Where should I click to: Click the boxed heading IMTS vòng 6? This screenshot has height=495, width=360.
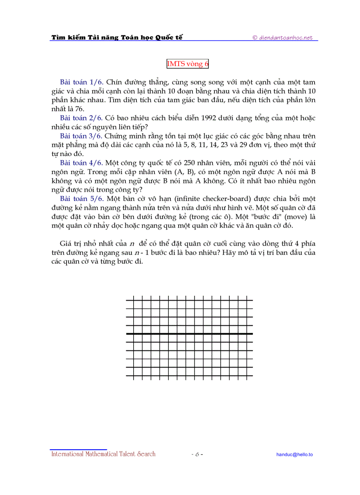pyautogui.click(x=187, y=64)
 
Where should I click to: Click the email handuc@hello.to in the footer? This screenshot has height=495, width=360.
pyautogui.click(x=294, y=454)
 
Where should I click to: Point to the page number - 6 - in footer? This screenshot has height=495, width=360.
pyautogui.click(x=197, y=454)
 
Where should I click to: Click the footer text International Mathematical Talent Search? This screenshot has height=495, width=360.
pyautogui.click(x=103, y=454)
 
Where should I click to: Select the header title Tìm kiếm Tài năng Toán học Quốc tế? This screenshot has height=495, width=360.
pyautogui.click(x=117, y=37)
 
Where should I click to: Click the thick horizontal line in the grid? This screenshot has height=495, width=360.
pyautogui.click(x=189, y=334)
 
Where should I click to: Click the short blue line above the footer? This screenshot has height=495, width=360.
pyautogui.click(x=79, y=449)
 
